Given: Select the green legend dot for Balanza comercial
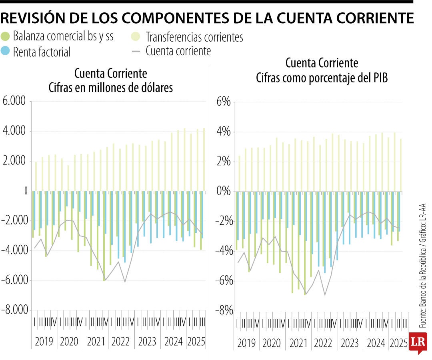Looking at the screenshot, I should click(x=6, y=37).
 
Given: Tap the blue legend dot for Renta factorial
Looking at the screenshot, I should click(x=6, y=51).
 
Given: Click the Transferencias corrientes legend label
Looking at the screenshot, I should click(x=194, y=37).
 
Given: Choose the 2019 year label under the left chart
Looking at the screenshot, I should click(x=44, y=342).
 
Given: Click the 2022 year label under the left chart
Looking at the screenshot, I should click(x=120, y=342).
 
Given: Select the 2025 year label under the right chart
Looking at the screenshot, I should click(x=398, y=343).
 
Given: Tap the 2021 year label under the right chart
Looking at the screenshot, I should click(x=298, y=343).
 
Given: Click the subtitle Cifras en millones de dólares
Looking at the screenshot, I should click(x=110, y=87).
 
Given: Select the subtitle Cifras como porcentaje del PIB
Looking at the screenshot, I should click(x=322, y=78).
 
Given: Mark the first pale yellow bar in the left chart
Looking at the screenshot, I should click(x=36, y=176).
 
